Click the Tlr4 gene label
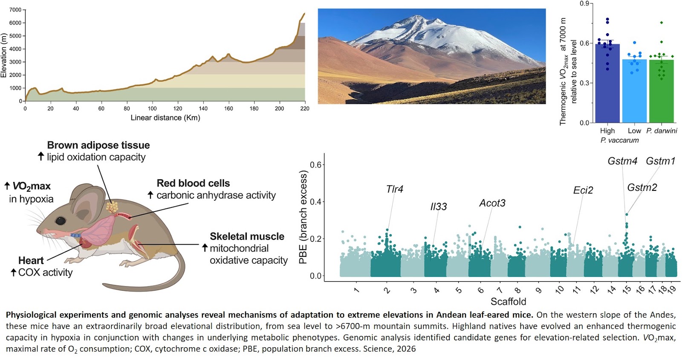coord(395,189)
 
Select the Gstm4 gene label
coord(622,161)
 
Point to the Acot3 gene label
coord(492,203)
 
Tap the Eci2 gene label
coord(583,190)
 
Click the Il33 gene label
coord(439,207)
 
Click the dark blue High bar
coord(607,84)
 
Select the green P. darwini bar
coord(662,91)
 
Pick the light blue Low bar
coord(635,91)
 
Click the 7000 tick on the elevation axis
coord(15,10)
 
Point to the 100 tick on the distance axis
coord(152,109)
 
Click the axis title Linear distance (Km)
coord(165,118)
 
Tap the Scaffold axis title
coord(508,302)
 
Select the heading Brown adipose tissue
coord(98,145)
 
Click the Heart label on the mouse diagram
coord(31,260)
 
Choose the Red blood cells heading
coord(194,183)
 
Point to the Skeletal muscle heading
coord(247,236)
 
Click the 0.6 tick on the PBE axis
coord(316,164)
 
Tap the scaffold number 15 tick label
coord(626,290)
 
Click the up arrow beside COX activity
coord(13,272)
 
